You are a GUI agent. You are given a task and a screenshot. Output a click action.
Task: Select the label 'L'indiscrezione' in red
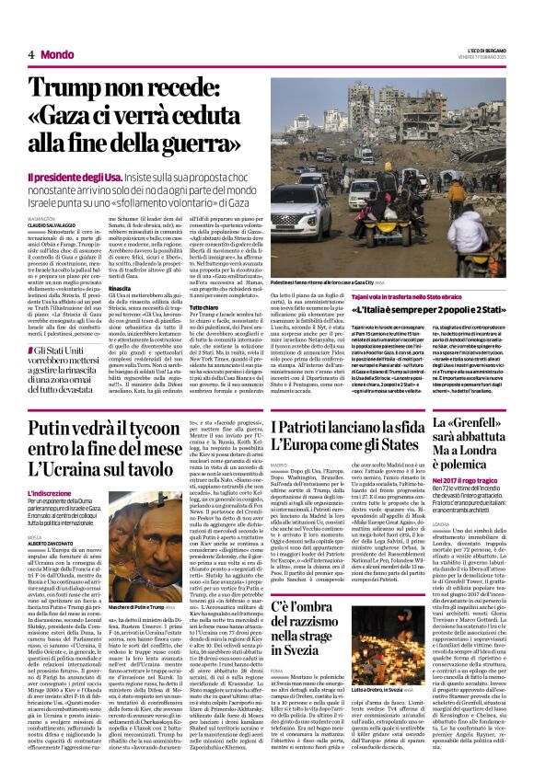click(52, 496)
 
